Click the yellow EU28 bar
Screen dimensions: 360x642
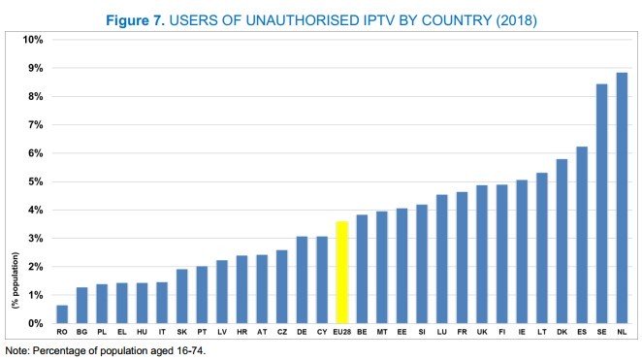click(341, 273)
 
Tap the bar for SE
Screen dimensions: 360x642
click(601, 204)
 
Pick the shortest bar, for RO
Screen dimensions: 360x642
click(62, 314)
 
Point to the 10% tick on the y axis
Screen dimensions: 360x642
click(33, 40)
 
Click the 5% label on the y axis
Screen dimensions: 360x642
click(35, 181)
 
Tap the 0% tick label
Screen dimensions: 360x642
click(35, 323)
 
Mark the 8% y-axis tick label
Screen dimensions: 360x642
click(35, 97)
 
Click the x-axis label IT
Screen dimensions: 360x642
click(162, 332)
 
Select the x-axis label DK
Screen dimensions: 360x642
click(562, 332)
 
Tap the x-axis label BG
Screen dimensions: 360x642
click(82, 332)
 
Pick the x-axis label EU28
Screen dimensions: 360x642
click(341, 332)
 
